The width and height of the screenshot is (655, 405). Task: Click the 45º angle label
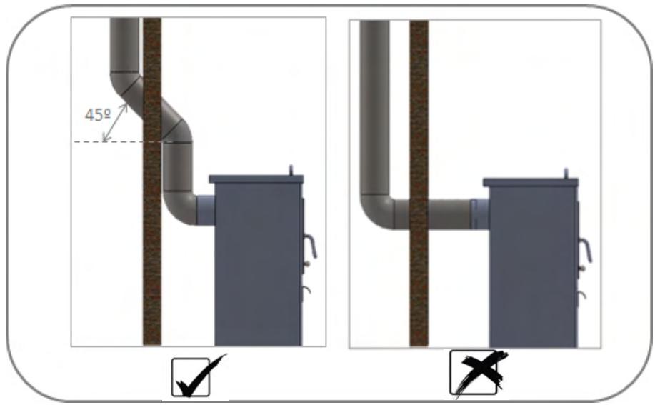[98, 114]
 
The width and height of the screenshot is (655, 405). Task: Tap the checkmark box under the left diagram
[191, 377]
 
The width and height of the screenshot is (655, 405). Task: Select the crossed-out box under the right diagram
[474, 372]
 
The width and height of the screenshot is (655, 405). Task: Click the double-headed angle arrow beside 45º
[115, 122]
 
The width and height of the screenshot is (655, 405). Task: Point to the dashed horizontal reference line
[117, 142]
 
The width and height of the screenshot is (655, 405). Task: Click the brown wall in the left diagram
[152, 181]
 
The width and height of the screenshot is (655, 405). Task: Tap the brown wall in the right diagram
[419, 184]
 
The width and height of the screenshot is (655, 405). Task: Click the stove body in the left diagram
[258, 264]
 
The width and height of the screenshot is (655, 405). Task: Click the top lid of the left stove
[256, 179]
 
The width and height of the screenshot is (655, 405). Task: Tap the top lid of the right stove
[531, 182]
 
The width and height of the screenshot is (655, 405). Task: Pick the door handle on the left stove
[310, 246]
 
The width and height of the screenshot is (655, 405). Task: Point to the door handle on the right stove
[585, 250]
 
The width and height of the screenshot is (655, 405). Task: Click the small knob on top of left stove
[291, 170]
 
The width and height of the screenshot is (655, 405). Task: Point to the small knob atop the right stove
[566, 174]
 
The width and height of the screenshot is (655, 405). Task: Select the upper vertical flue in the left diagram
[124, 45]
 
